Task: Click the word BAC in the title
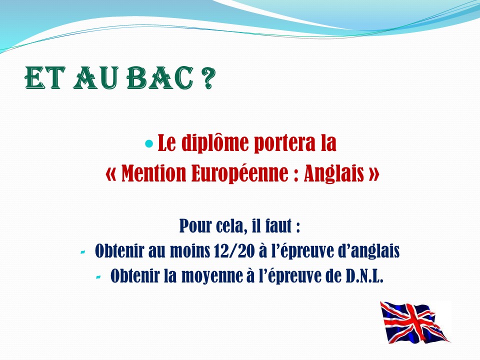[x=160, y=78]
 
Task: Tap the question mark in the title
[x=208, y=78]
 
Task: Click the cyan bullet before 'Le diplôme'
[x=149, y=143]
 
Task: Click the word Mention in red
[x=153, y=173]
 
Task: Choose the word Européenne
[x=239, y=173]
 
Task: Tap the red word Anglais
[x=334, y=173]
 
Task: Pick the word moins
[x=190, y=251]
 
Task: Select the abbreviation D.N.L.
[x=364, y=276]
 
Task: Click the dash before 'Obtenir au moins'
[x=82, y=252]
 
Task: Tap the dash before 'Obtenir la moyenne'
[x=98, y=277]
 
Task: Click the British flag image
[x=415, y=322]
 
